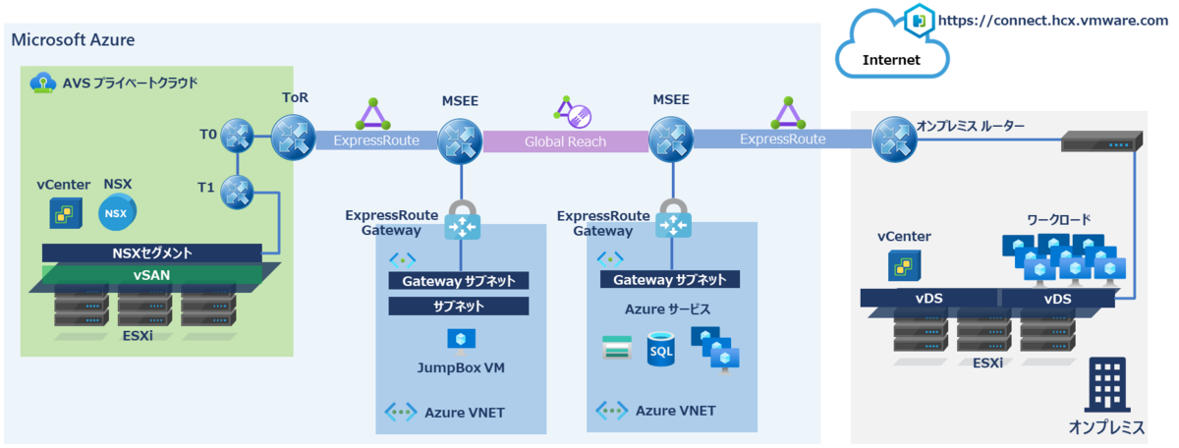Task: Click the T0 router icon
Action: [x=237, y=136]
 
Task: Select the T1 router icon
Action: [x=237, y=193]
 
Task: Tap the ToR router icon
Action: [x=293, y=138]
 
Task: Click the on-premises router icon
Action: [x=895, y=140]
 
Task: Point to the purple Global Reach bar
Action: [x=566, y=141]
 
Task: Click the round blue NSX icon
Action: [x=117, y=212]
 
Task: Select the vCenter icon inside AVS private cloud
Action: [x=66, y=213]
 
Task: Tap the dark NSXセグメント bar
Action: [x=152, y=252]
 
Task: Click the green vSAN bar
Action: [x=152, y=275]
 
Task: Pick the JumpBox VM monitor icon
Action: [x=461, y=342]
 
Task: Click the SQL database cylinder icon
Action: [x=661, y=349]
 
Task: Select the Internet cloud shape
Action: [x=892, y=48]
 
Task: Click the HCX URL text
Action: [x=1052, y=21]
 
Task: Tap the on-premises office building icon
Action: [x=1107, y=384]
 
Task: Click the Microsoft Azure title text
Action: [x=73, y=40]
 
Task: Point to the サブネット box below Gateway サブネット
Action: [x=459, y=306]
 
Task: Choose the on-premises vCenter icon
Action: [x=904, y=266]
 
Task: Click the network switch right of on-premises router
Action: [x=1101, y=141]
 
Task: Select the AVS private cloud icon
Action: [x=42, y=83]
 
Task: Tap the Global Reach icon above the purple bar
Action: [x=573, y=112]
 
